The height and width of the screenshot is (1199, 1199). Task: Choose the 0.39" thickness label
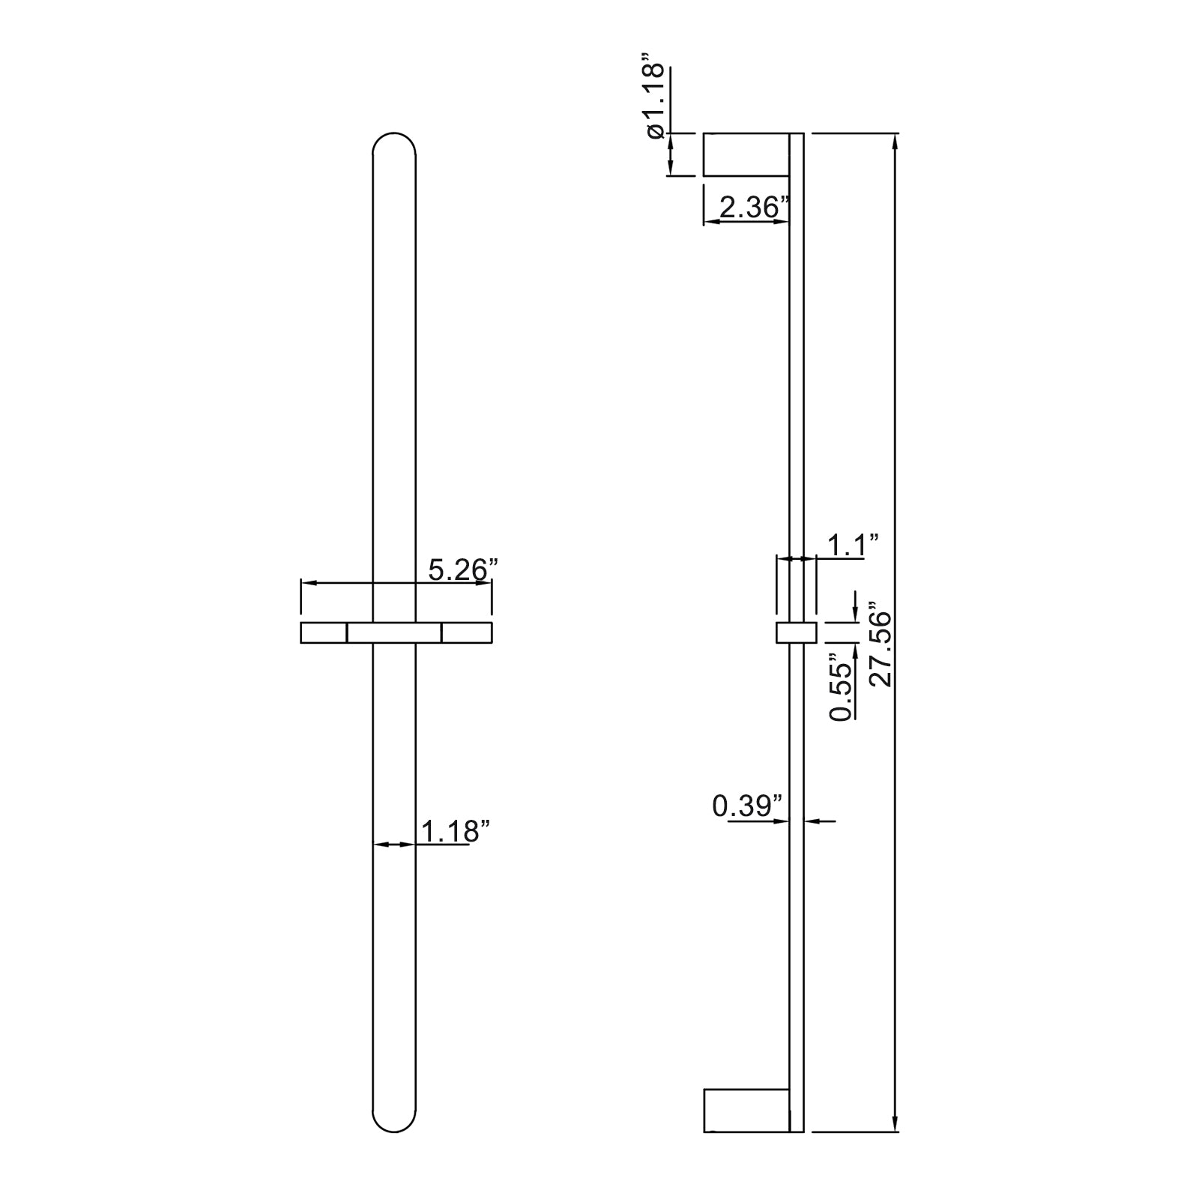point(747,806)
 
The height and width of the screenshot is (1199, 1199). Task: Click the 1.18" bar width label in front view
point(456,831)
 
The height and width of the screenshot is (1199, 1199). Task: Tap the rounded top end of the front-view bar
point(394,136)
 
